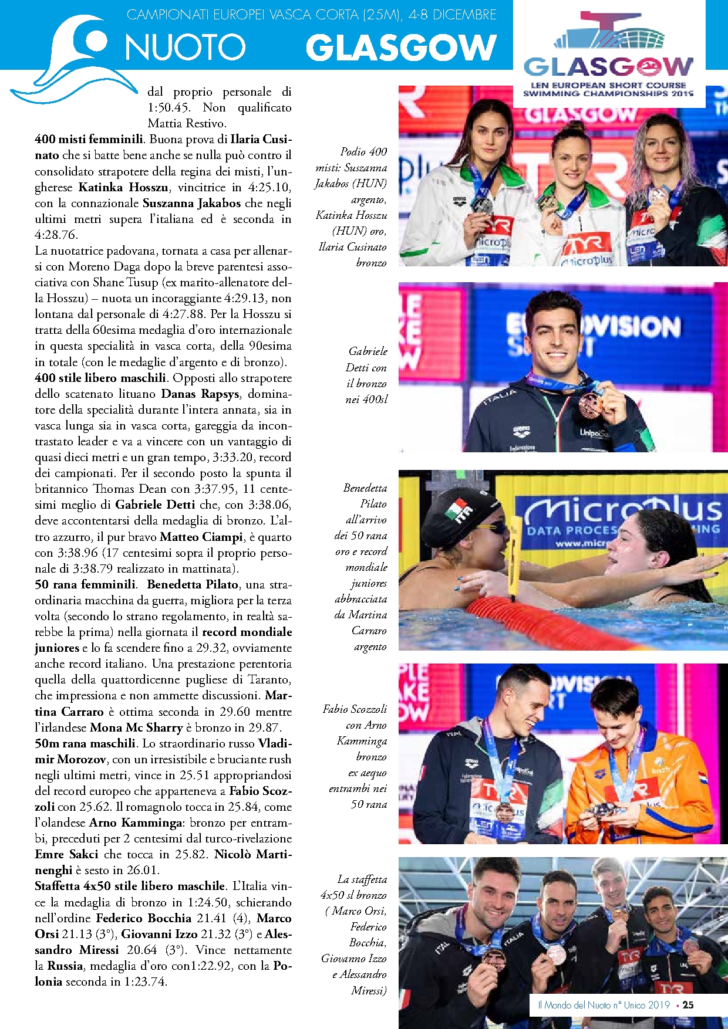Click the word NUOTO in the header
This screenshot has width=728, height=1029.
[x=185, y=48]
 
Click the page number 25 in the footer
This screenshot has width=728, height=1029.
[x=688, y=1005]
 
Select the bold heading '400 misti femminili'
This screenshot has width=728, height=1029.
[x=89, y=140]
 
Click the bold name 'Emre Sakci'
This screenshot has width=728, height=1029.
[x=66, y=855]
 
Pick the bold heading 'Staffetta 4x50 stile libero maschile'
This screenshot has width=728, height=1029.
[x=130, y=886]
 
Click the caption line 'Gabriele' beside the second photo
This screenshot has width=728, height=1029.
[x=368, y=351]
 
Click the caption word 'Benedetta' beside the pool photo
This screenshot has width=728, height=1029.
[x=365, y=488]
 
